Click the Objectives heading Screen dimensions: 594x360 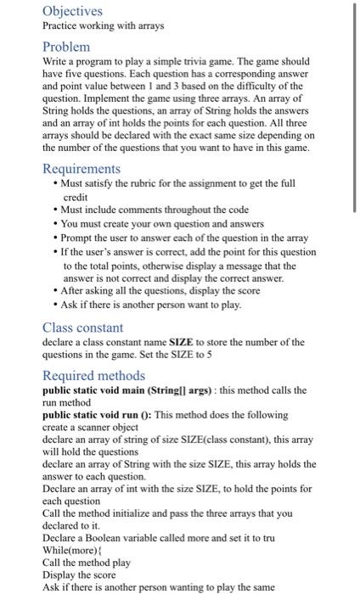[x=72, y=11]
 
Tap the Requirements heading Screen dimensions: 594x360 [x=82, y=169]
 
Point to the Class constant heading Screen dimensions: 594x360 [x=83, y=328]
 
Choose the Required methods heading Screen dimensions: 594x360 [x=93, y=376]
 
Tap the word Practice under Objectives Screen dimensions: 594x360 [x=61, y=26]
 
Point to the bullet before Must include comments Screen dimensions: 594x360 [x=55, y=210]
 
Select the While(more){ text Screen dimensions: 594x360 [x=71, y=551]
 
